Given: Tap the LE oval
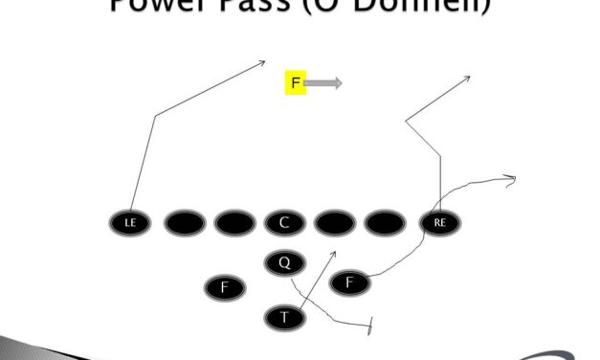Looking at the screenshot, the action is (130, 223).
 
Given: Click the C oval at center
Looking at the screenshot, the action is (284, 223).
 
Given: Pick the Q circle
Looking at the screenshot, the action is (284, 262).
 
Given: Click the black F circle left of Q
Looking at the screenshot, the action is (225, 286).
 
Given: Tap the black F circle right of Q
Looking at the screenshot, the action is (349, 282).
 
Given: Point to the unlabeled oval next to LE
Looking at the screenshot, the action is (185, 223).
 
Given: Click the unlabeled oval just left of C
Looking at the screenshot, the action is (234, 223).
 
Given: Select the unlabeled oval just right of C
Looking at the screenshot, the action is (335, 223).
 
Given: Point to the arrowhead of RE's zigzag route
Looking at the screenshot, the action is (467, 76).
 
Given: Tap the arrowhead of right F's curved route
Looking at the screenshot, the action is (513, 176).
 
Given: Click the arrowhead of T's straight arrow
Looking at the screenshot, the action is (333, 253).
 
